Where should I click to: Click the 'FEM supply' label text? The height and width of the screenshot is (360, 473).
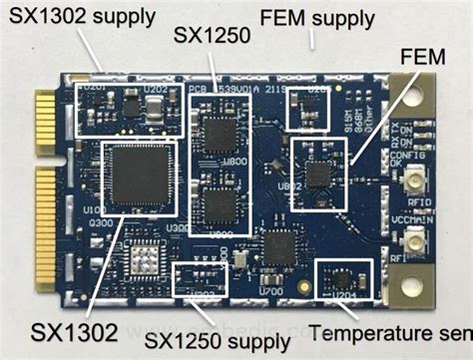pos(317,17)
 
